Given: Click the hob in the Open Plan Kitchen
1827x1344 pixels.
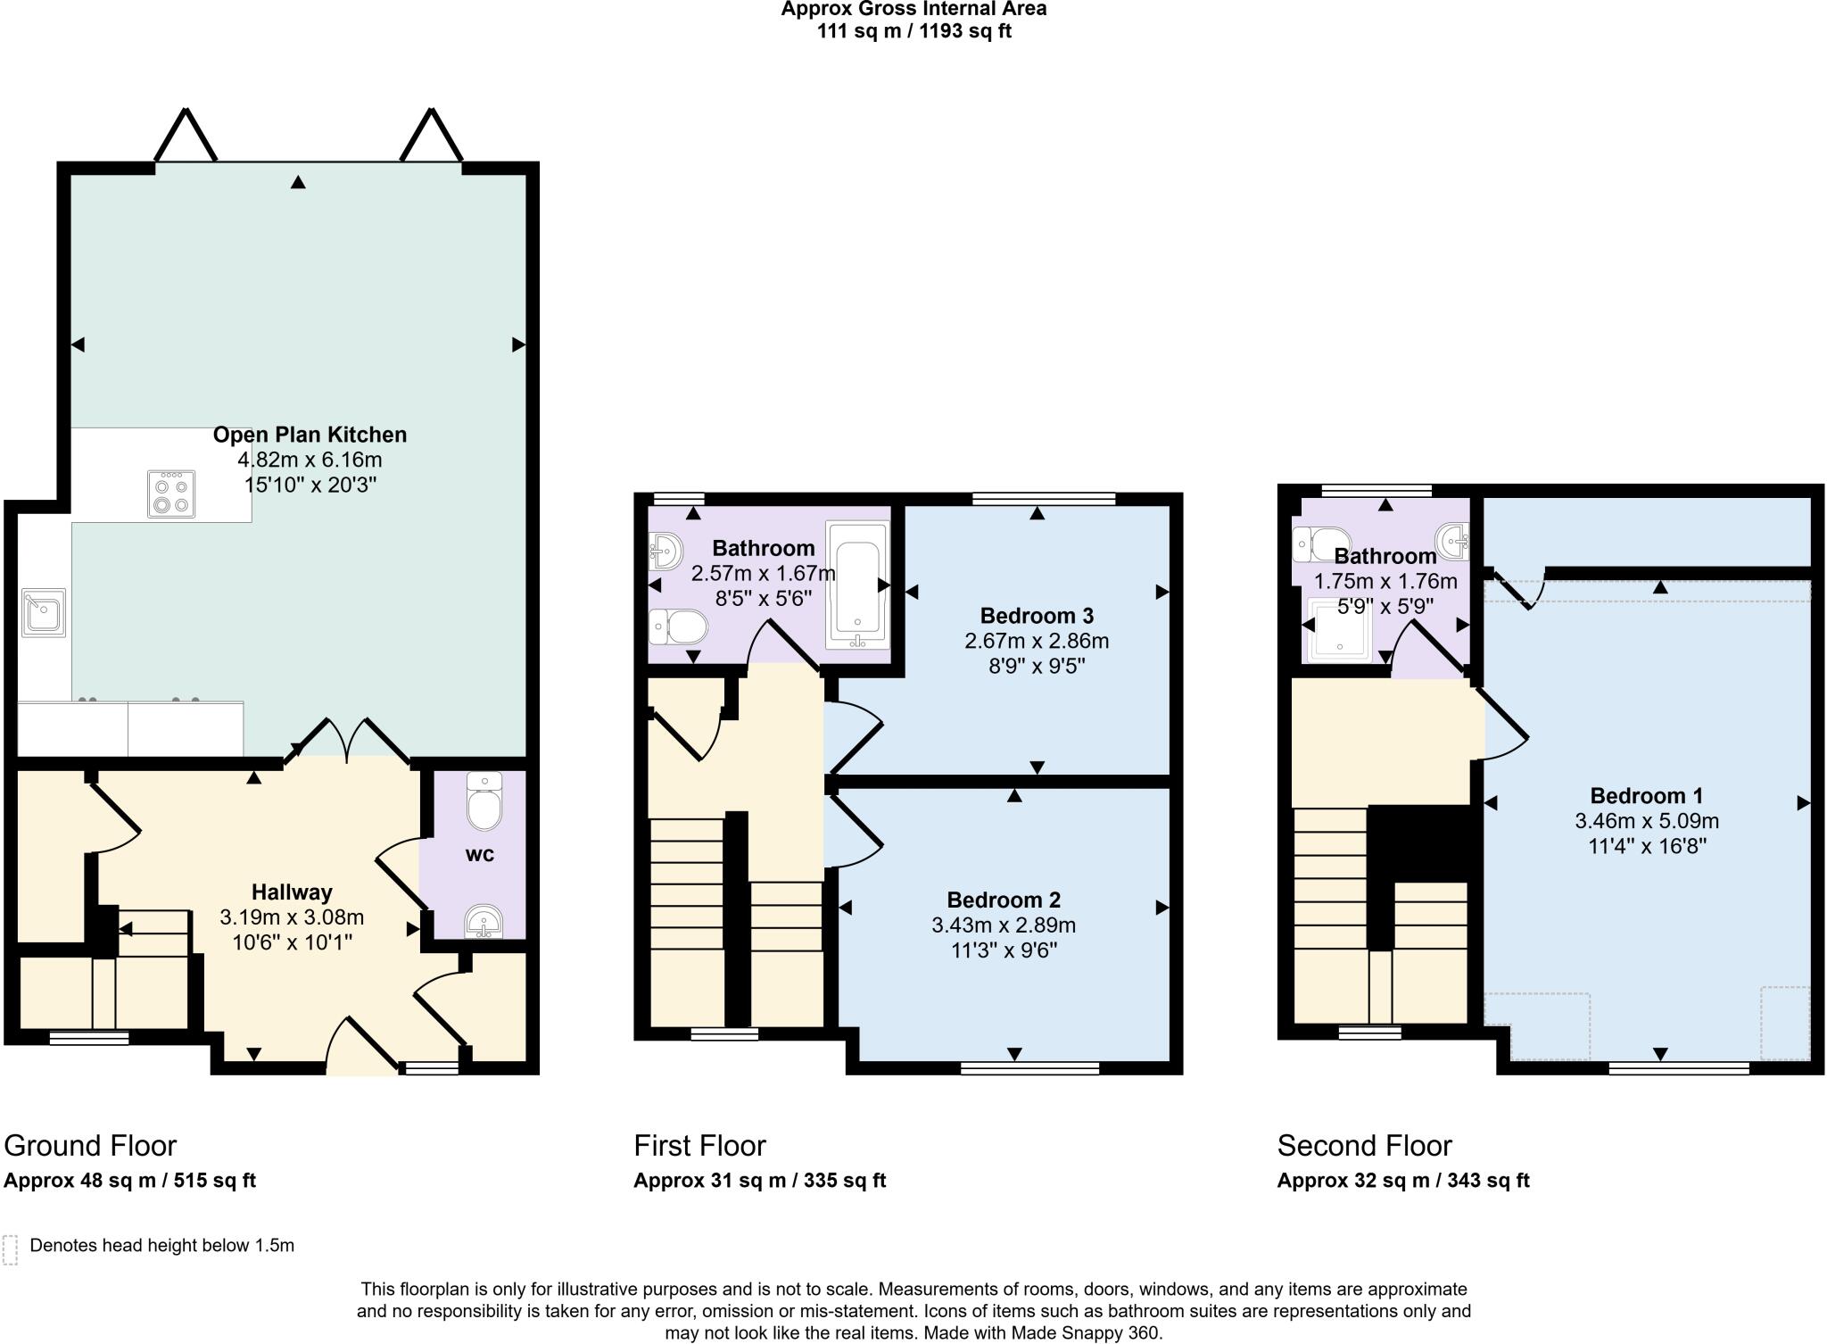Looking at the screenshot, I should coord(171,494).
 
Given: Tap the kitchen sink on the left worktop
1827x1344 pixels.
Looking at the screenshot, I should coord(44,612).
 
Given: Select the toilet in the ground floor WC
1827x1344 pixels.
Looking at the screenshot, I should coord(484,803).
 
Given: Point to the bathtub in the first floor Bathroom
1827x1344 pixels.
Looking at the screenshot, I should coord(857,585).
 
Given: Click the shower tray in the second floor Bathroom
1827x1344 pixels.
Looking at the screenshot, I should coord(1338,629).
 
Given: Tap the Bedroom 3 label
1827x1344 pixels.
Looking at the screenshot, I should coord(1037,616).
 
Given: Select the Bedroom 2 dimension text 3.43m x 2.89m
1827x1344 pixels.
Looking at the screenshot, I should coord(1004,925).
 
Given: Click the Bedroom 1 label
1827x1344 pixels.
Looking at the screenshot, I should coord(1647,795).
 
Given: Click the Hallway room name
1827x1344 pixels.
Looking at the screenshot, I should coord(292,892).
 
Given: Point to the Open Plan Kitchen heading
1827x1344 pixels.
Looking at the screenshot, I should coord(310,435).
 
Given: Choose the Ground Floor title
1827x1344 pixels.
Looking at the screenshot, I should coord(90,1145).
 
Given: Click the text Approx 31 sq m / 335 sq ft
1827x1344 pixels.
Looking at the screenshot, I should coord(759,1181).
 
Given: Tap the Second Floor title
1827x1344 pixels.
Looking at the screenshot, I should coord(1364,1145).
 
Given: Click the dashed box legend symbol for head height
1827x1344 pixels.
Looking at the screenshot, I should coord(11,1249).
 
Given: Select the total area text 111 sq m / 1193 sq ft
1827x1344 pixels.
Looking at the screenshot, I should coord(913,32).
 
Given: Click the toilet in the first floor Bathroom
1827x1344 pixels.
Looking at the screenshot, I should coord(678,626).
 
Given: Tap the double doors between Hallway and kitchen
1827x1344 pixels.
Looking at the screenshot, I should coord(349,740).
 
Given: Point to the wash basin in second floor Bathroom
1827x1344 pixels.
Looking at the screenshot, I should coord(1454,540).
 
